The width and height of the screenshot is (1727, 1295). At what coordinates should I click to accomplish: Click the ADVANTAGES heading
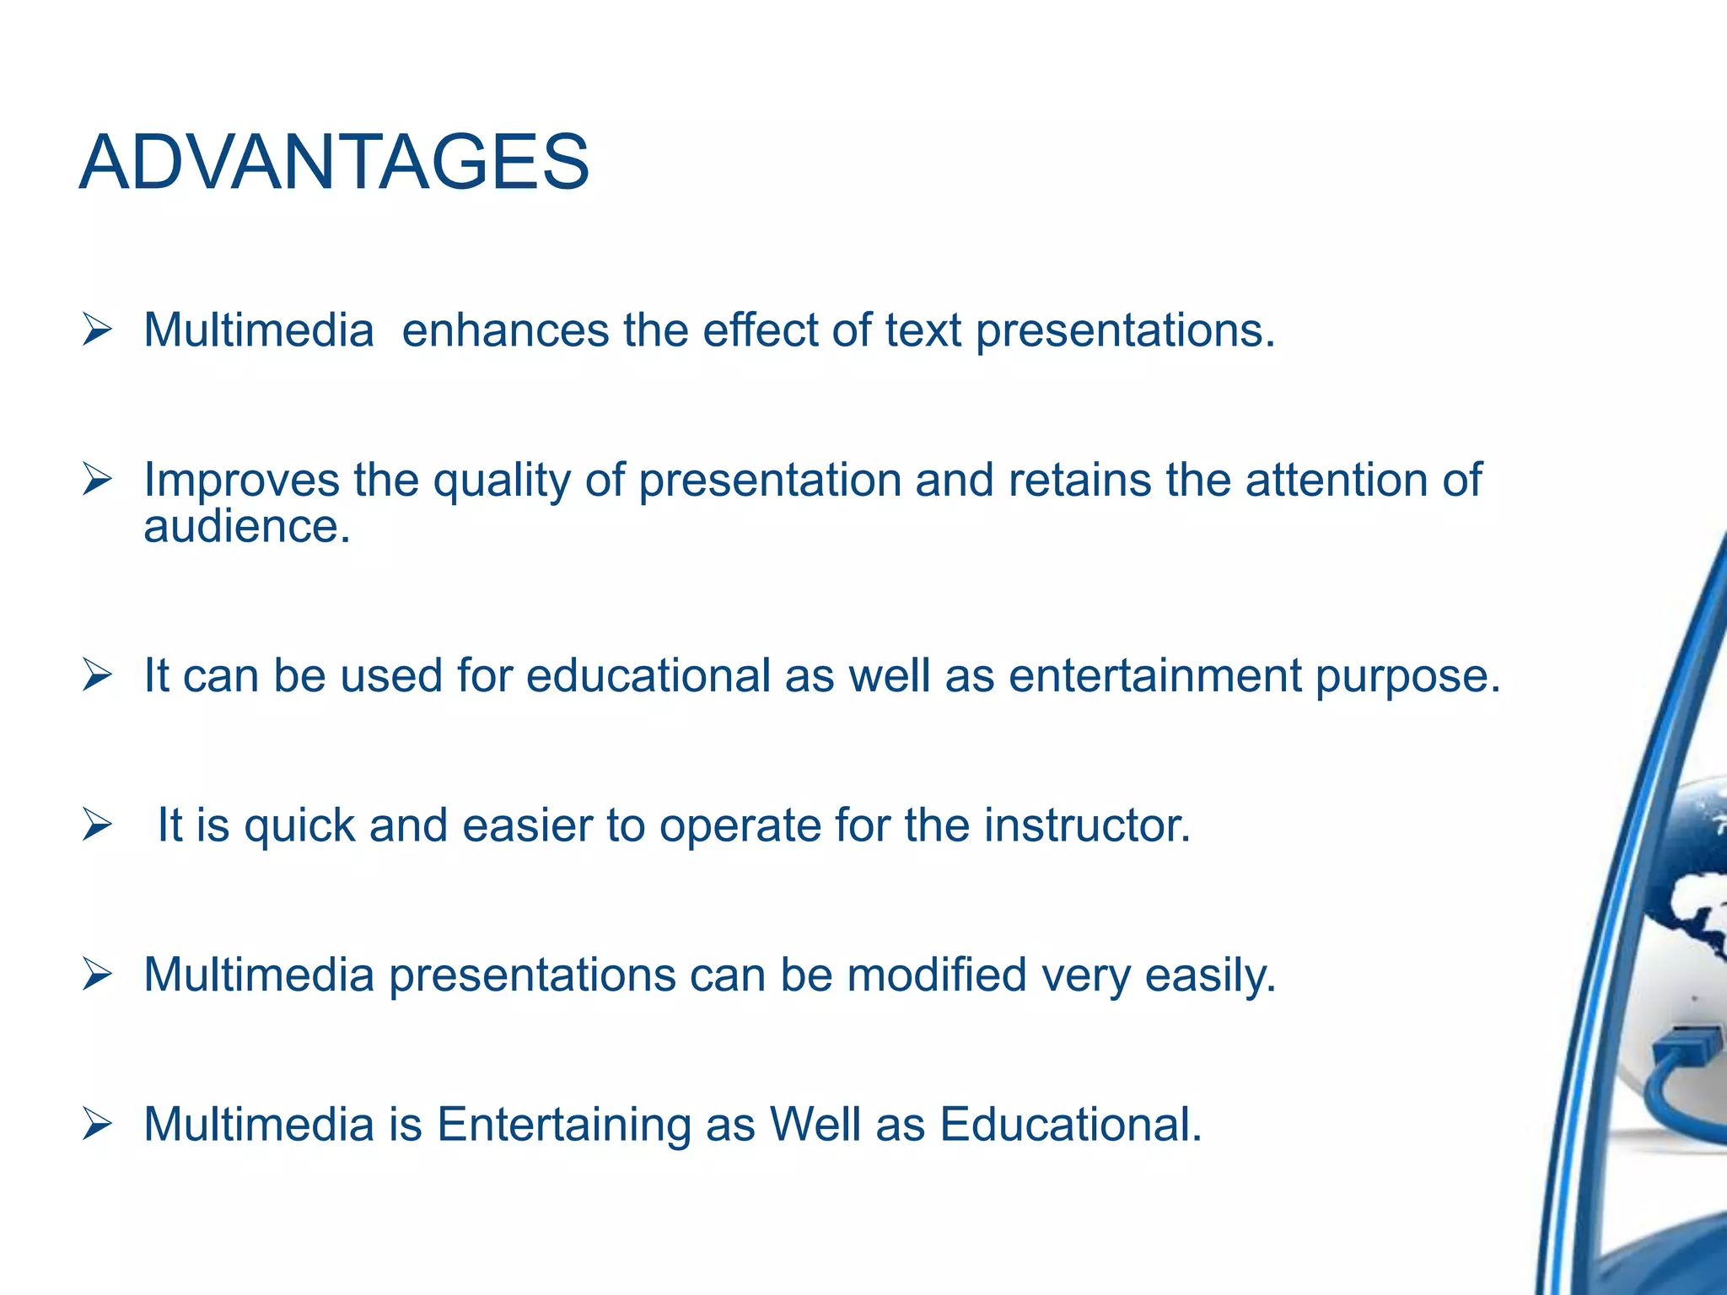(x=334, y=163)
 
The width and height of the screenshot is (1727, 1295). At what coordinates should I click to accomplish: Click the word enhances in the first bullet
(x=504, y=330)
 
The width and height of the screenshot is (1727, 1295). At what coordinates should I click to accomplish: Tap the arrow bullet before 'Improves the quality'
(x=97, y=481)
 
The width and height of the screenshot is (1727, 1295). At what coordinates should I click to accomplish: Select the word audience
(x=246, y=527)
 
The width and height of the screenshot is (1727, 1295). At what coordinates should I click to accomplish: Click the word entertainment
(x=1154, y=676)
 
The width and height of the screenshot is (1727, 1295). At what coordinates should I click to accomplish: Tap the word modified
(x=936, y=975)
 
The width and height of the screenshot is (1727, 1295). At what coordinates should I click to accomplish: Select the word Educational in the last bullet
(x=1070, y=1125)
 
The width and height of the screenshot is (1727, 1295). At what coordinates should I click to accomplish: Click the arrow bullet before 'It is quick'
(x=97, y=825)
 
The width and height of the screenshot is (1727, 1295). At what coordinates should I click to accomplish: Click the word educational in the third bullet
(x=648, y=676)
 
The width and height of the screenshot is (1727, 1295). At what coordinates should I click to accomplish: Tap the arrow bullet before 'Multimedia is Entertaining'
(x=97, y=1125)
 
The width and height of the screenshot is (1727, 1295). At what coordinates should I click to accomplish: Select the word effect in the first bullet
(x=760, y=330)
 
